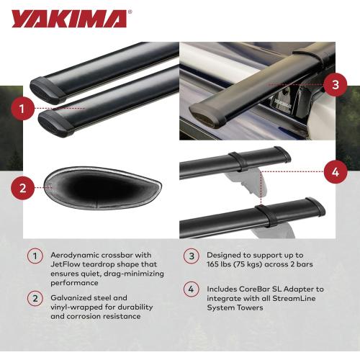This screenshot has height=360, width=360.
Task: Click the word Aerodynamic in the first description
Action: pos(74,256)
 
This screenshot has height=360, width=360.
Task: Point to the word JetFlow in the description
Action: pos(66,265)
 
